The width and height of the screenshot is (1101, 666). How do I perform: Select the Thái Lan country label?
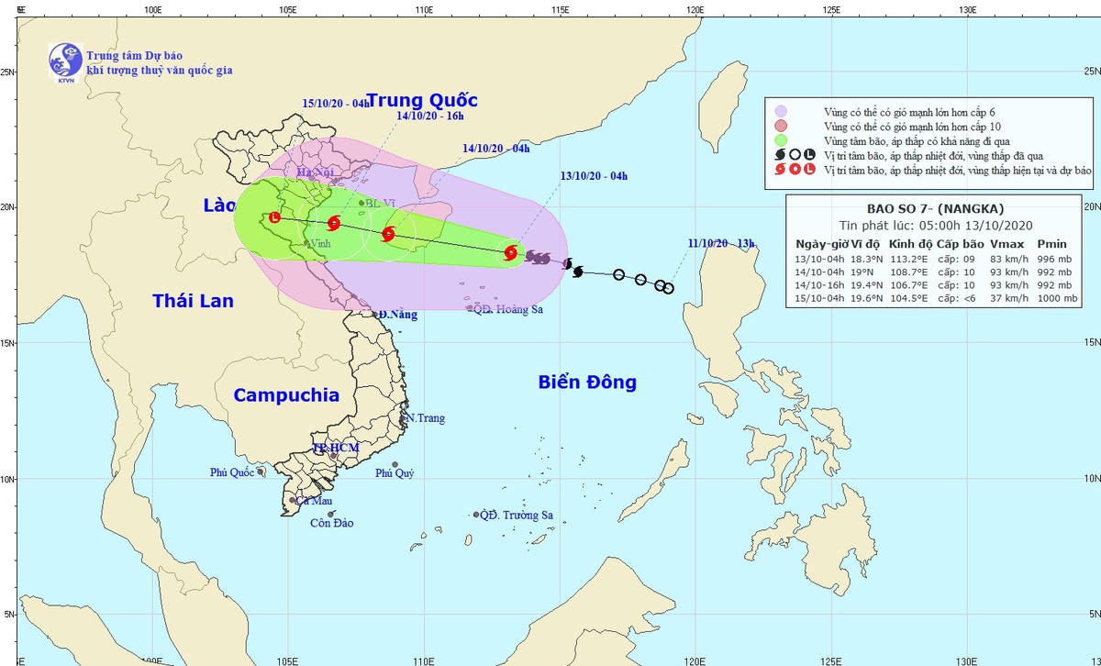click(193, 301)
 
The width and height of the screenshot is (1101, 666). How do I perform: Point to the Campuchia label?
click(286, 395)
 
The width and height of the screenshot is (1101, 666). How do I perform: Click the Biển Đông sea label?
click(587, 383)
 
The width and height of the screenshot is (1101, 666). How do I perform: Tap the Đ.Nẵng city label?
click(399, 315)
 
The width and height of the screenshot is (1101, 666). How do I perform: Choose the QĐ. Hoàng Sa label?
click(508, 310)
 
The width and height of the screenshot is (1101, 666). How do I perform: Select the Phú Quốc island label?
click(230, 472)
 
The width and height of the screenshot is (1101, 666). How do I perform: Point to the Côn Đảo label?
click(331, 524)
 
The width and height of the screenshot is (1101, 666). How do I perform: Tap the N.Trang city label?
click(425, 418)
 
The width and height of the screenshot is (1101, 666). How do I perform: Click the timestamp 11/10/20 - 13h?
click(722, 243)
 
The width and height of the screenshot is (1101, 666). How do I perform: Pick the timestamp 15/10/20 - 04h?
click(336, 104)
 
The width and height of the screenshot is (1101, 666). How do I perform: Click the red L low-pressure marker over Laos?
click(273, 218)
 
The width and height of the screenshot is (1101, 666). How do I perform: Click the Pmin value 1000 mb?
click(1053, 299)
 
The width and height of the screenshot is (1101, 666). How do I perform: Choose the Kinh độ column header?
click(911, 244)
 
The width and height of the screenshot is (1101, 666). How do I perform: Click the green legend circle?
click(781, 141)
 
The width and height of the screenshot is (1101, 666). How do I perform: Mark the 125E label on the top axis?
click(831, 10)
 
